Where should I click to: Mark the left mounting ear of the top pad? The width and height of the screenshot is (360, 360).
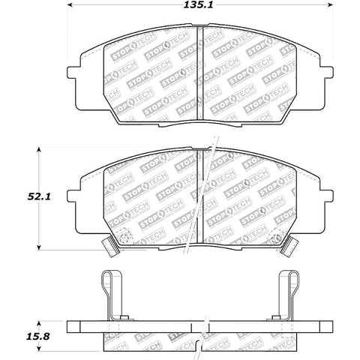tap(75, 75)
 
